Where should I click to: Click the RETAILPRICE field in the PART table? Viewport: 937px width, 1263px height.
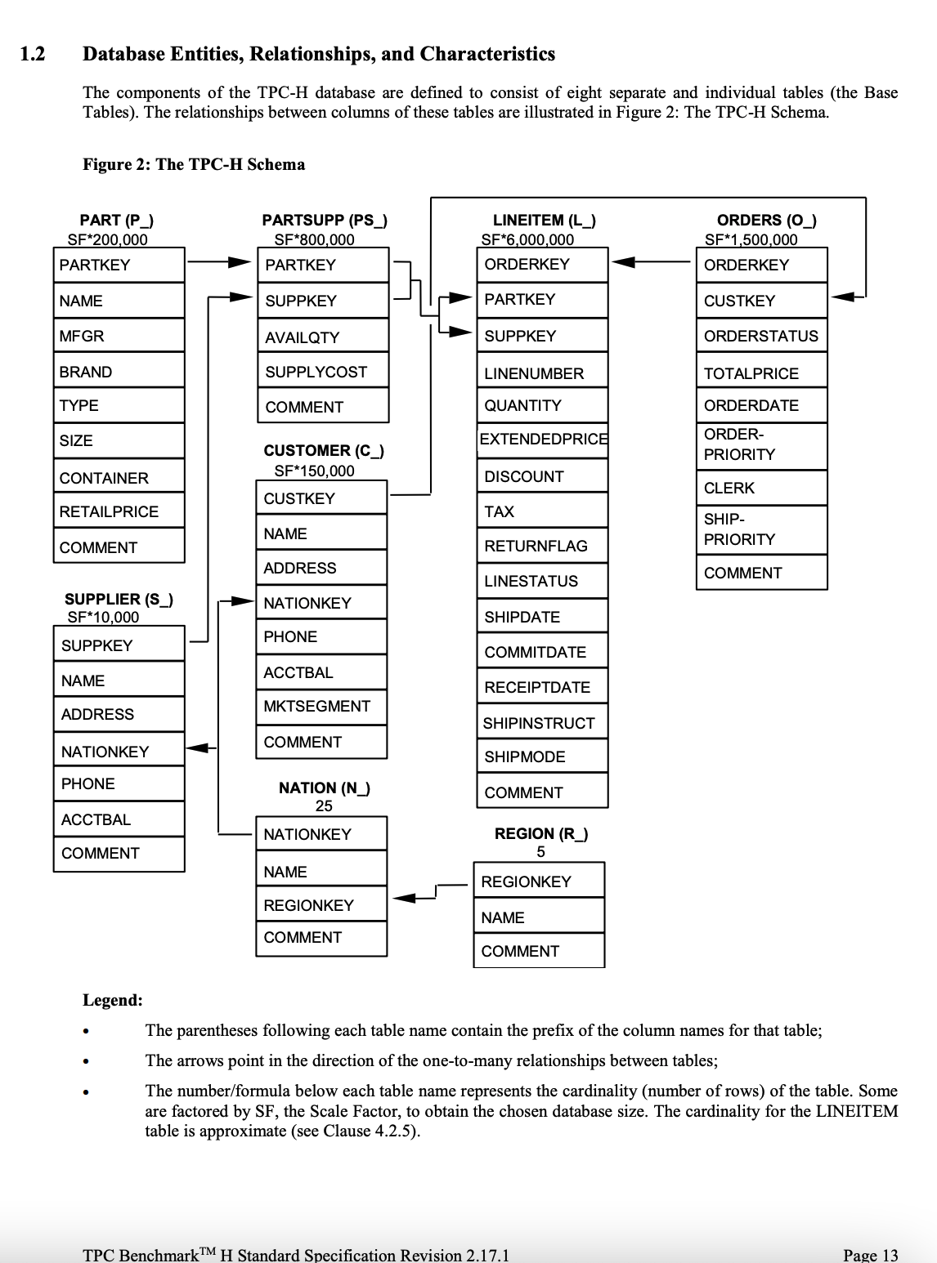(x=109, y=512)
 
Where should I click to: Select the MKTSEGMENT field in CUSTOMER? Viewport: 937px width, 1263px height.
(x=316, y=707)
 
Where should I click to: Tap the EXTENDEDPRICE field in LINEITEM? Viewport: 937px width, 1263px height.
(x=543, y=440)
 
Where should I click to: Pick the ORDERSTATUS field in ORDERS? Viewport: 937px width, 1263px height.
(x=760, y=337)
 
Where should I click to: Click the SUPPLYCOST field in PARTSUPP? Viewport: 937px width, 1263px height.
(x=316, y=373)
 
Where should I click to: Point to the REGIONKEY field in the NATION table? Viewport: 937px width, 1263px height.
(x=308, y=906)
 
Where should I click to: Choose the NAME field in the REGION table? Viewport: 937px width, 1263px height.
(x=503, y=918)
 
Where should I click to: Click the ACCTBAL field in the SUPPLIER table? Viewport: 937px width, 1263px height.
(x=96, y=820)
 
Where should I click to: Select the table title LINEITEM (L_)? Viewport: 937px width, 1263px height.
(x=544, y=221)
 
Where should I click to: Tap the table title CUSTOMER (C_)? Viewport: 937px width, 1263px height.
(x=324, y=451)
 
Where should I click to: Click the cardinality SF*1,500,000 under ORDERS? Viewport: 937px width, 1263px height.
(x=751, y=240)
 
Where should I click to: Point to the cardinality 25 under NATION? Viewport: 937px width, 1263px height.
(x=324, y=806)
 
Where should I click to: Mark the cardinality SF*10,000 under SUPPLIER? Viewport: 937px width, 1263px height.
(x=103, y=618)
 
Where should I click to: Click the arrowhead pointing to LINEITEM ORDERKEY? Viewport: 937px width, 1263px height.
(x=624, y=262)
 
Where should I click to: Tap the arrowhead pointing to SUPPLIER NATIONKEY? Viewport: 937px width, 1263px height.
(x=199, y=747)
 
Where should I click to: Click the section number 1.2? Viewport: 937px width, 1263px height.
(x=32, y=55)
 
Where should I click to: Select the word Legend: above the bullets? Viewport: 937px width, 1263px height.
(x=113, y=1001)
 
